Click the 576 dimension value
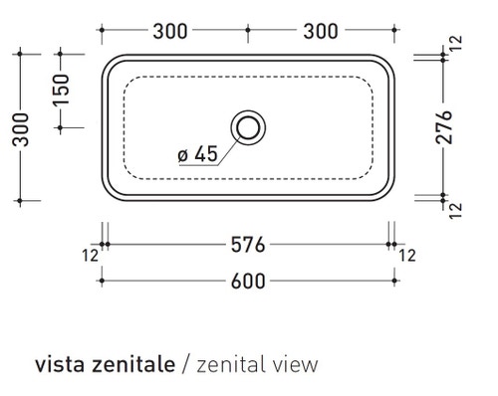(246, 244)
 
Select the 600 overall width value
(246, 281)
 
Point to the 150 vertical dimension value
(61, 91)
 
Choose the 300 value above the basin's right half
(320, 30)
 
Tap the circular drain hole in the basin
(247, 126)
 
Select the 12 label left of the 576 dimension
(91, 256)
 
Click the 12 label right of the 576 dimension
(407, 256)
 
